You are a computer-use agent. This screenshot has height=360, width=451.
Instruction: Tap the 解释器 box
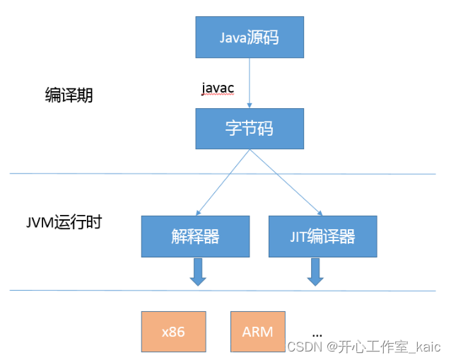(x=196, y=236)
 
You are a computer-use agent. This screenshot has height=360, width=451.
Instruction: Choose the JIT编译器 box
(x=322, y=236)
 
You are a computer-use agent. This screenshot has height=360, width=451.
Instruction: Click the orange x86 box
(x=173, y=332)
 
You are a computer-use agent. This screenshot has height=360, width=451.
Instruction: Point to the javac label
(x=218, y=87)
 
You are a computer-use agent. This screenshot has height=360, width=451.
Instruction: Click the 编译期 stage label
(x=64, y=96)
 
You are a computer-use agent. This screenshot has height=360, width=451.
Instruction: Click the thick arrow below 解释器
(x=198, y=272)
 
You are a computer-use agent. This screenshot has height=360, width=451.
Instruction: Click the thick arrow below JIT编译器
(x=315, y=272)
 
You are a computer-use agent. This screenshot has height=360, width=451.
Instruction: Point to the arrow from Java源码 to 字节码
(x=250, y=81)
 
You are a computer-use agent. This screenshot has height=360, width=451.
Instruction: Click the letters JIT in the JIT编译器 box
(x=299, y=236)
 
